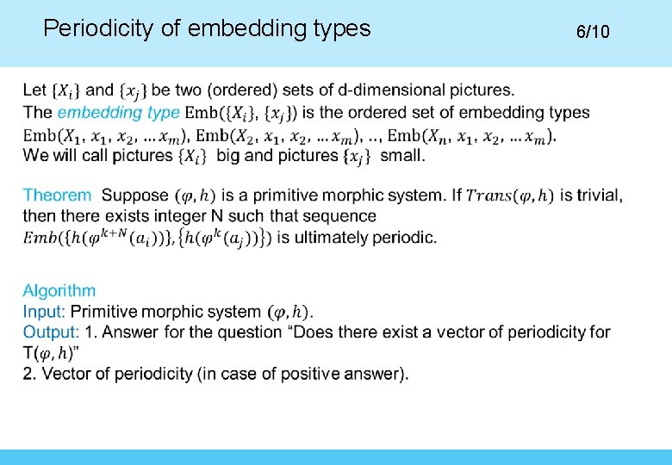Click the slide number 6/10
(x=593, y=32)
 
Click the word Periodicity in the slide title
(x=98, y=29)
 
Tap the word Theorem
(x=57, y=195)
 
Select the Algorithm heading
(x=59, y=291)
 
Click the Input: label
(x=44, y=312)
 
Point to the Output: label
(x=51, y=332)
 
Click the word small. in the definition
(x=401, y=156)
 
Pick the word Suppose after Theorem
(x=135, y=195)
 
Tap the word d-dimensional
(x=406, y=90)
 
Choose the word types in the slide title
(x=340, y=29)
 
